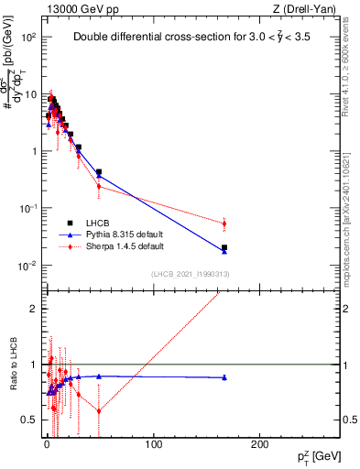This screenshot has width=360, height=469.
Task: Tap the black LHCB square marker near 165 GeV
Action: [x=224, y=247]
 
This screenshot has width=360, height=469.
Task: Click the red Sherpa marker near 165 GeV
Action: [x=224, y=224]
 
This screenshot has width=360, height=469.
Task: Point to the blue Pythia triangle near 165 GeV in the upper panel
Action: [x=224, y=251]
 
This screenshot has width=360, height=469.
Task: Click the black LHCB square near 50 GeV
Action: [x=99, y=171]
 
